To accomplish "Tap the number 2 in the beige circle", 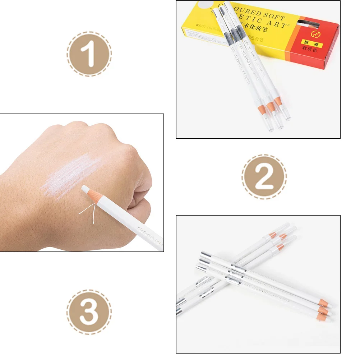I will pyautogui.click(x=264, y=176).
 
